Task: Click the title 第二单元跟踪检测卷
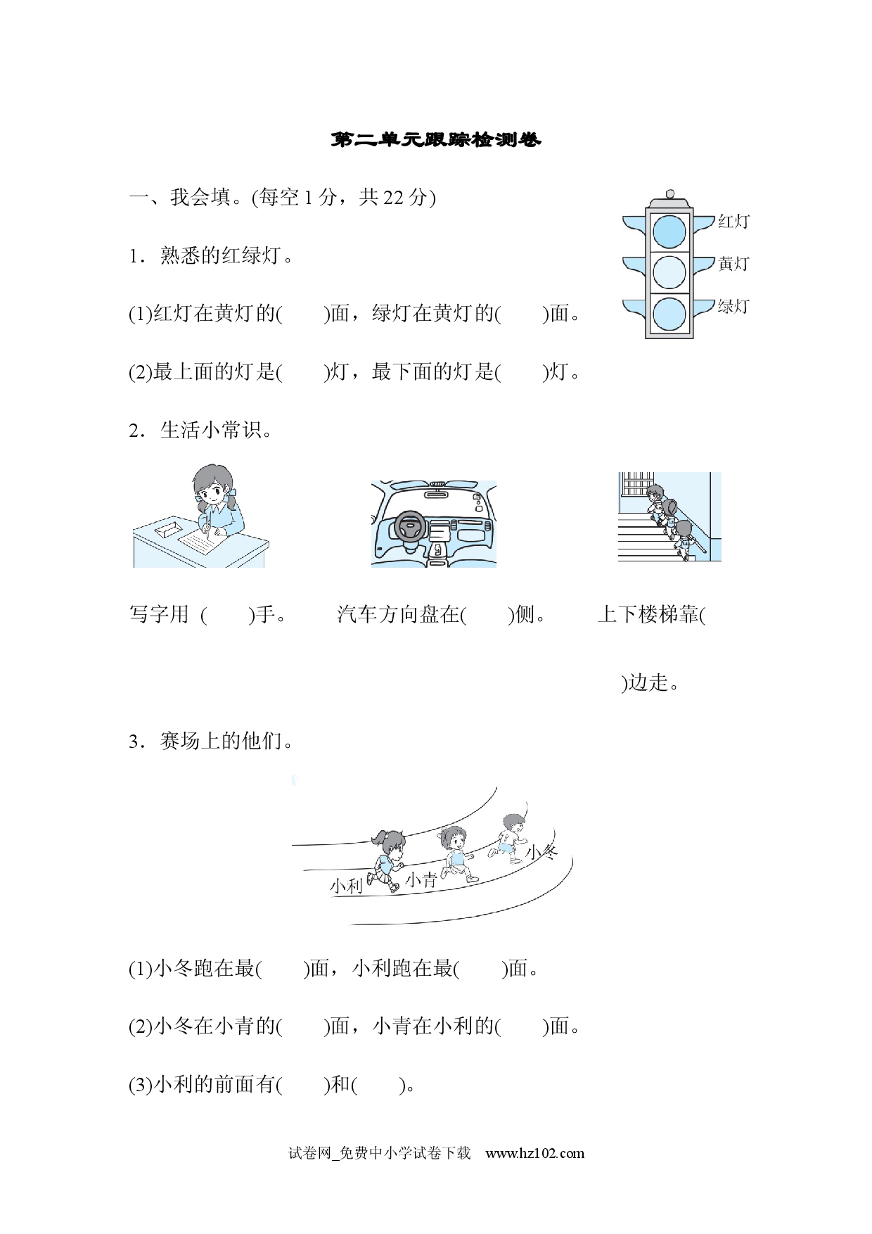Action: click(436, 140)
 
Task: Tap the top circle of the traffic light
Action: click(669, 231)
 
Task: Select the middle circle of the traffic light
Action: click(669, 272)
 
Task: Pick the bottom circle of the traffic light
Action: click(669, 314)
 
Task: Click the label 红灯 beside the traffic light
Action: click(733, 222)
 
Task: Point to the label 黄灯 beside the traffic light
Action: click(733, 264)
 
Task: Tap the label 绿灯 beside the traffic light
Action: click(733, 306)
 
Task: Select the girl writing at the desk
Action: click(214, 500)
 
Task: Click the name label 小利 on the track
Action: click(346, 886)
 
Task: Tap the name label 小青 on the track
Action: click(421, 879)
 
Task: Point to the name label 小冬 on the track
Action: click(542, 853)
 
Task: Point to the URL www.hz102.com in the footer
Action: click(535, 1153)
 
